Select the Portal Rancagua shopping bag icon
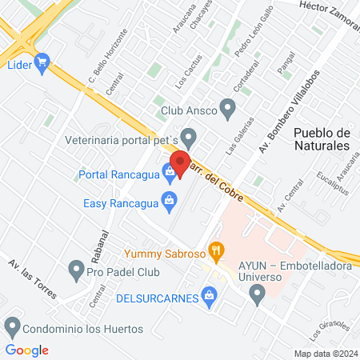170,171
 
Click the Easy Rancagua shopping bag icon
169,202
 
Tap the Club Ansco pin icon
227,107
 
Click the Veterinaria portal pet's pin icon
189,137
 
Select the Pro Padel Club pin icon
76,268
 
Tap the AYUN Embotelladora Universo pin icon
257,297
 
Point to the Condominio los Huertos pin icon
12,326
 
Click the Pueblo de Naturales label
322,138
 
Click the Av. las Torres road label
32,278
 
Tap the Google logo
27,350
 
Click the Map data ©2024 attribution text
325,353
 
